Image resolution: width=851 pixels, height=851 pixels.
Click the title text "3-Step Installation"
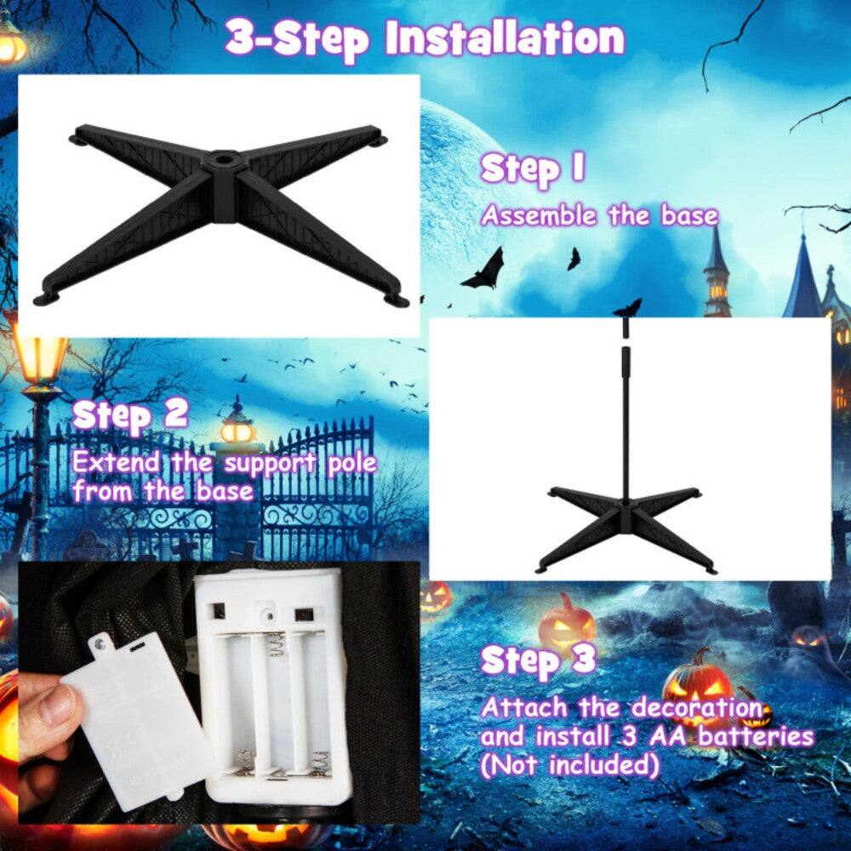(x=424, y=38)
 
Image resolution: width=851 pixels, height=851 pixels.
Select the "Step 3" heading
(x=538, y=661)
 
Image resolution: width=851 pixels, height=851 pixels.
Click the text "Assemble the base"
(x=599, y=215)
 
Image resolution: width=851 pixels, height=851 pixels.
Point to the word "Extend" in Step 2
(x=115, y=464)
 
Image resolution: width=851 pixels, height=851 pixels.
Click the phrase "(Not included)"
(x=569, y=765)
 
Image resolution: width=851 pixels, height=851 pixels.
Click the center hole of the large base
(x=224, y=158)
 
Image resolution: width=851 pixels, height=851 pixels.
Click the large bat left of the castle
(x=484, y=271)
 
